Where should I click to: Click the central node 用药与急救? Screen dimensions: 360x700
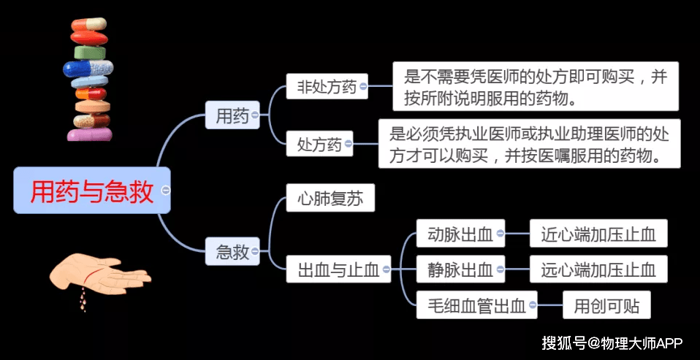91,191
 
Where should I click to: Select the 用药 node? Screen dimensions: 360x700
232,115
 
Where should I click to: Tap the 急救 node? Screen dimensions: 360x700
232,253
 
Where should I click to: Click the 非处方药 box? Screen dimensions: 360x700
326,88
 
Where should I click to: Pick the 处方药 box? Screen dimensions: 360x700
319,144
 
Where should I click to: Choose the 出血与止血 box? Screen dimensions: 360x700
338,269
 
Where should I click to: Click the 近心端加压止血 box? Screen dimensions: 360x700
598,234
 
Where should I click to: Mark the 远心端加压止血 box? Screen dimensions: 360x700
598,269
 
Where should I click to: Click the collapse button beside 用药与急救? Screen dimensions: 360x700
166,191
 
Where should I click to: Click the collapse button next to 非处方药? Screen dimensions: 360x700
364,88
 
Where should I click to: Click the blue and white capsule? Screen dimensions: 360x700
87,69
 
